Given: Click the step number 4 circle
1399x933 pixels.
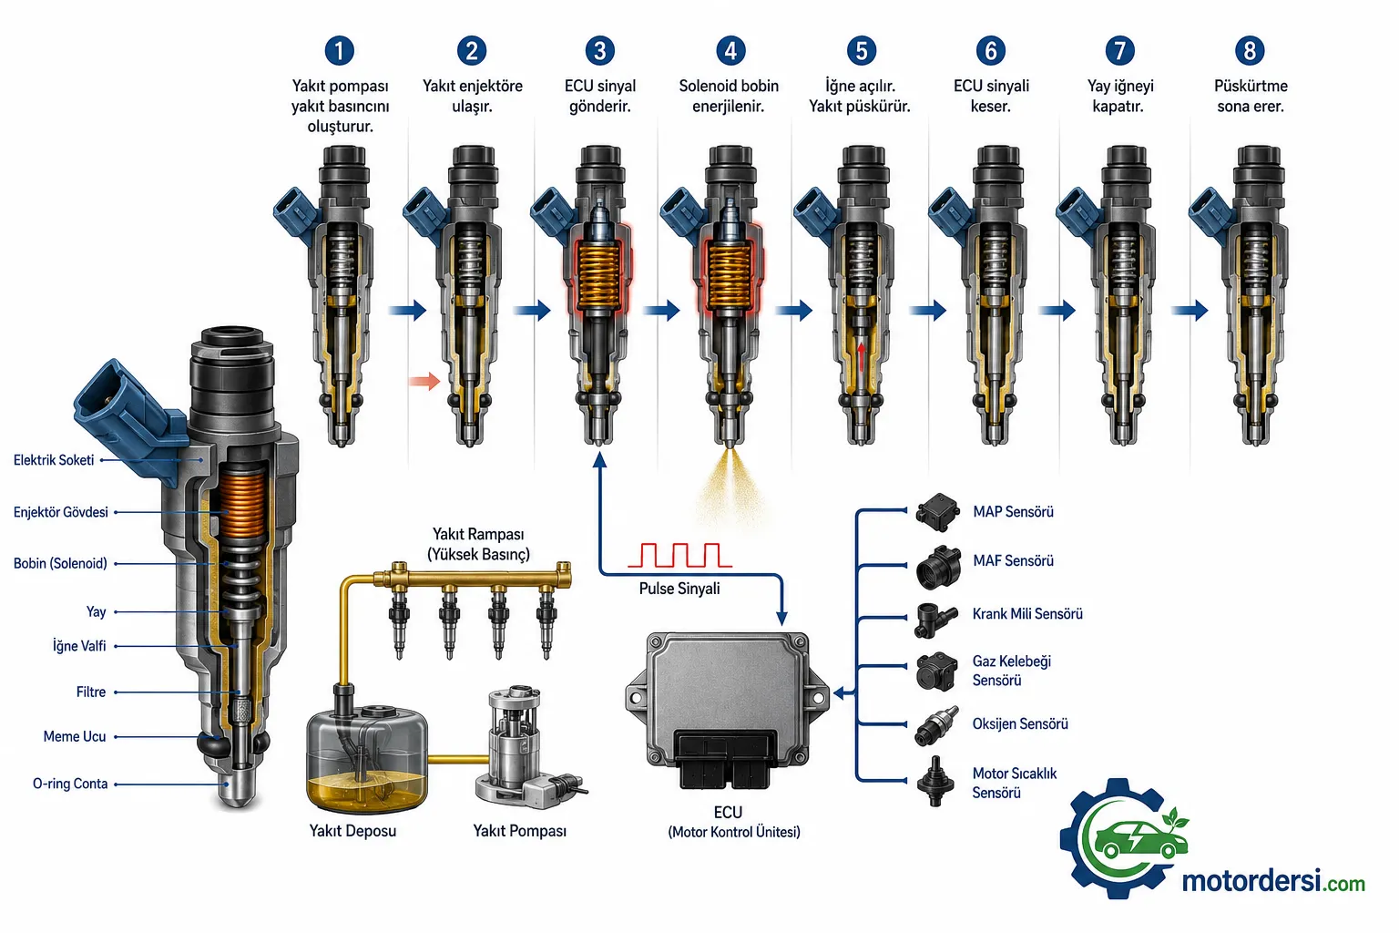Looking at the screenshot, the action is [730, 51].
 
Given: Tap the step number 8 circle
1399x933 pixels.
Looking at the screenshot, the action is [1249, 51].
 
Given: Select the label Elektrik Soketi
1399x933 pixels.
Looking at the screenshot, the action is [54, 460].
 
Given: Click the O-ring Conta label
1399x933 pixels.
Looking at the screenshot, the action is [70, 784].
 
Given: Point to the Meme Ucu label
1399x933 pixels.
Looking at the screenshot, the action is [75, 737].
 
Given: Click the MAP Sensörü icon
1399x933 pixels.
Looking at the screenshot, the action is [937, 512].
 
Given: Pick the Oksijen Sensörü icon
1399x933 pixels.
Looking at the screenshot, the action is [936, 725].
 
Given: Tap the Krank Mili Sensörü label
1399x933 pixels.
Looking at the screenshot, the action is [1027, 614].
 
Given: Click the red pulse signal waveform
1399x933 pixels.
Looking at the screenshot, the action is [679, 556].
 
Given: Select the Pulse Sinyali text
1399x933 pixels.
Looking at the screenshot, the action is [679, 589].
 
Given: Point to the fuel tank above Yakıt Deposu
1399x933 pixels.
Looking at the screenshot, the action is [367, 759].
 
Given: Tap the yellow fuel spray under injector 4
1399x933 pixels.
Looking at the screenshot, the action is [730, 486].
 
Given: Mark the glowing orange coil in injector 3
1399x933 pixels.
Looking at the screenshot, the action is [599, 275].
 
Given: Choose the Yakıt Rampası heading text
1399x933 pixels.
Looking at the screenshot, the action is [478, 544].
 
